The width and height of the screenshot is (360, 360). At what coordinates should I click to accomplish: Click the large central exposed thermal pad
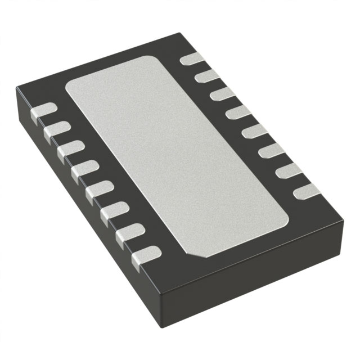pyautogui.click(x=177, y=157)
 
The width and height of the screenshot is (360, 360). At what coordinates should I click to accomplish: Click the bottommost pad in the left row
pyautogui.click(x=145, y=255)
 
